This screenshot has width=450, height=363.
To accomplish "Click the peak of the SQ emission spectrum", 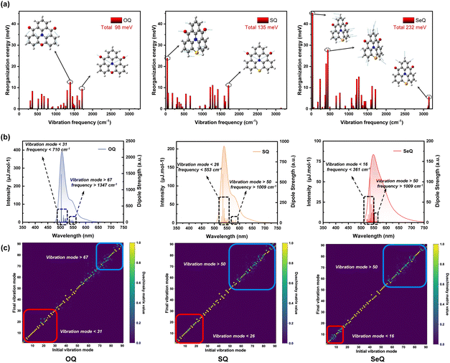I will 224,147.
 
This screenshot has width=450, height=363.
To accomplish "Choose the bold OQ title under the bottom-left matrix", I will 72,357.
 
